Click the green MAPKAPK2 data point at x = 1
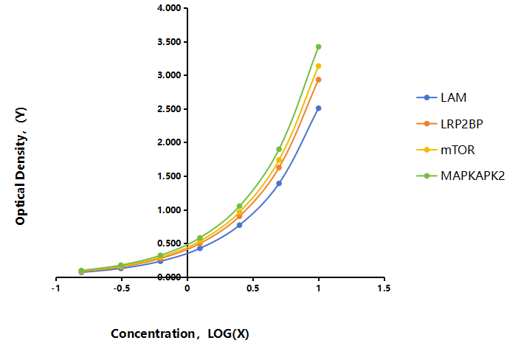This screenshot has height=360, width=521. click(x=318, y=46)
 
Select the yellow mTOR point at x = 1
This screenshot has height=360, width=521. click(x=318, y=66)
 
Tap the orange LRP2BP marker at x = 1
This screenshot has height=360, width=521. click(x=318, y=80)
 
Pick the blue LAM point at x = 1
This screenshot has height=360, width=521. click(x=318, y=108)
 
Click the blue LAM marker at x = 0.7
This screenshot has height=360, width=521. click(x=279, y=184)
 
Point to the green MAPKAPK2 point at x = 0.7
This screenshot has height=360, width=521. click(x=279, y=149)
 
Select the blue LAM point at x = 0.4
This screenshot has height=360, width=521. click(x=239, y=225)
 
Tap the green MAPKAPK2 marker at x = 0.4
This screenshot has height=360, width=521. click(x=239, y=207)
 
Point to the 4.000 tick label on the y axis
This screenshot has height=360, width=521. click(x=169, y=8)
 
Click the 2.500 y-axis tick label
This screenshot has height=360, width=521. click(x=169, y=109)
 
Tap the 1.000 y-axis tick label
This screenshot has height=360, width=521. click(x=169, y=210)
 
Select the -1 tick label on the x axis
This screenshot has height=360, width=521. click(x=55, y=288)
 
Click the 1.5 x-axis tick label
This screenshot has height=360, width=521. click(x=384, y=288)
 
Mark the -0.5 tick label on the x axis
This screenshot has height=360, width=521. click(x=121, y=288)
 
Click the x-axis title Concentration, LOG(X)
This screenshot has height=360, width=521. click(x=180, y=333)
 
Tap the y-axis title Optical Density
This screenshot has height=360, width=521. click(x=21, y=166)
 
